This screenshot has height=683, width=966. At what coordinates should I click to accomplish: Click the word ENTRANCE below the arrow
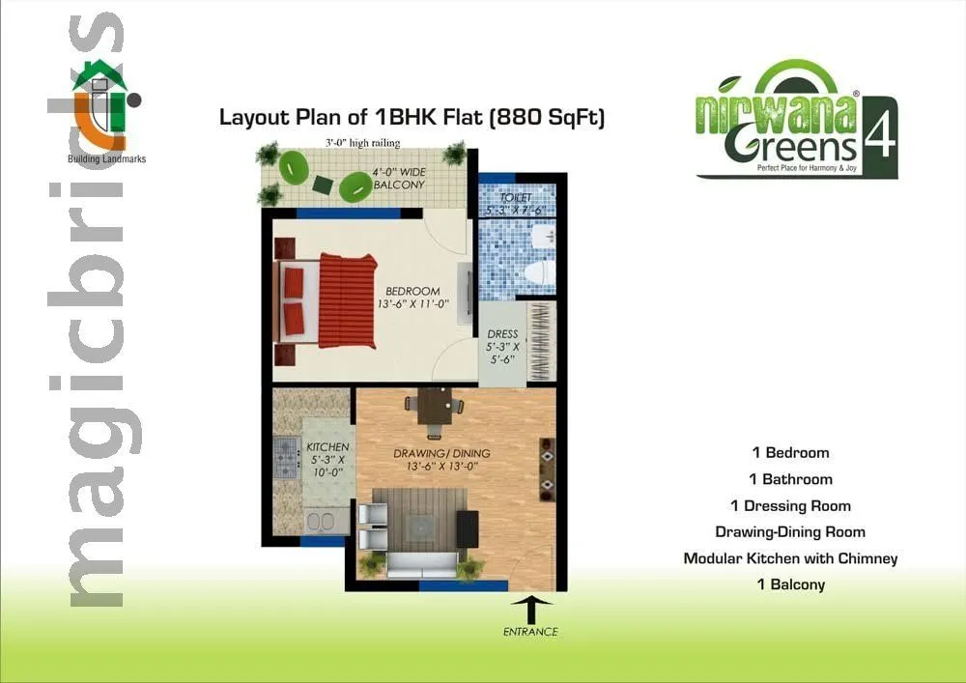pyautogui.click(x=530, y=632)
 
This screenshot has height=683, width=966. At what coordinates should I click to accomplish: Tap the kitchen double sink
pyautogui.click(x=320, y=523)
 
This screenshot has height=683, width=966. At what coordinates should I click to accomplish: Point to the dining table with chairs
pyautogui.click(x=435, y=406)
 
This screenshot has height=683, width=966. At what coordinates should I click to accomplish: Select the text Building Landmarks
pyautogui.click(x=106, y=158)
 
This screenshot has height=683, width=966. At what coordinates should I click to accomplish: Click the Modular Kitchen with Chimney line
pyautogui.click(x=790, y=558)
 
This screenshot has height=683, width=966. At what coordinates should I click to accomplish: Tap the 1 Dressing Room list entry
pyautogui.click(x=790, y=505)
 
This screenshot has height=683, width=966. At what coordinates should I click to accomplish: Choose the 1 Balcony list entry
pyautogui.click(x=790, y=584)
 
